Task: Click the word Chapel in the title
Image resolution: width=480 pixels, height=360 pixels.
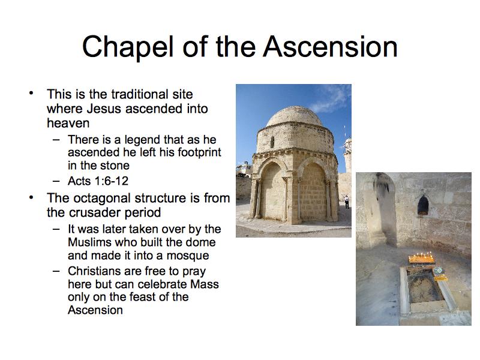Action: pyautogui.click(x=128, y=47)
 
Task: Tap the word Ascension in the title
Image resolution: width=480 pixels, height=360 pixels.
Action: pyautogui.click(x=331, y=47)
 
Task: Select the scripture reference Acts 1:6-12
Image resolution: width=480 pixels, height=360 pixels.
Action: pyautogui.click(x=98, y=181)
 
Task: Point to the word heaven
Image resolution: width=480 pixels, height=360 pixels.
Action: pyautogui.click(x=68, y=123)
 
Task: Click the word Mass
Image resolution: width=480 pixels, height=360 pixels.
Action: pyautogui.click(x=204, y=284)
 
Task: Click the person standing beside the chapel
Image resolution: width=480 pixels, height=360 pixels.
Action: pyautogui.click(x=347, y=202)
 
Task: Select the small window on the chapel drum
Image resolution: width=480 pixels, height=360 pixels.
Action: pyautogui.click(x=272, y=142)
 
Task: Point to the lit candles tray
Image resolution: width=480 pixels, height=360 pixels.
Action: pyautogui.click(x=422, y=259)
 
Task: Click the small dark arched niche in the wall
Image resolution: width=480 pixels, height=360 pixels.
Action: pyautogui.click(x=423, y=205)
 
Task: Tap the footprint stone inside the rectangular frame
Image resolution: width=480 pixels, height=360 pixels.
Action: pyautogui.click(x=425, y=287)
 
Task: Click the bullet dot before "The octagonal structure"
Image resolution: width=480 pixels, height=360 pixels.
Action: pyautogui.click(x=31, y=198)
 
